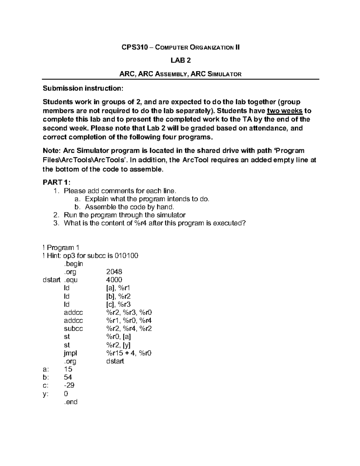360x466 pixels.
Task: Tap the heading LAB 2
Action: coord(181,61)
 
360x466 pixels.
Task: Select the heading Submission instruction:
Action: coord(83,88)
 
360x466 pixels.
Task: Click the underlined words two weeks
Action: coord(285,111)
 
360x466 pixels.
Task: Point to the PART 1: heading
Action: coord(56,182)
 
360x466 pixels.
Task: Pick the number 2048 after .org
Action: coord(114,272)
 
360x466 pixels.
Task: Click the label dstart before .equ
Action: coord(51,280)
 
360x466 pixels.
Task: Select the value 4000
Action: coord(114,280)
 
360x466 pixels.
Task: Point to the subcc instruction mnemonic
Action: coord(73,329)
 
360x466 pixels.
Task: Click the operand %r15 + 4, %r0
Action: coord(129,353)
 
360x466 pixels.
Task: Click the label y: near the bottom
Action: coord(45,394)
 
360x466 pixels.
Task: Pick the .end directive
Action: coord(70,402)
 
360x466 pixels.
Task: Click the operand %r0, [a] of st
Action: coord(118,337)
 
